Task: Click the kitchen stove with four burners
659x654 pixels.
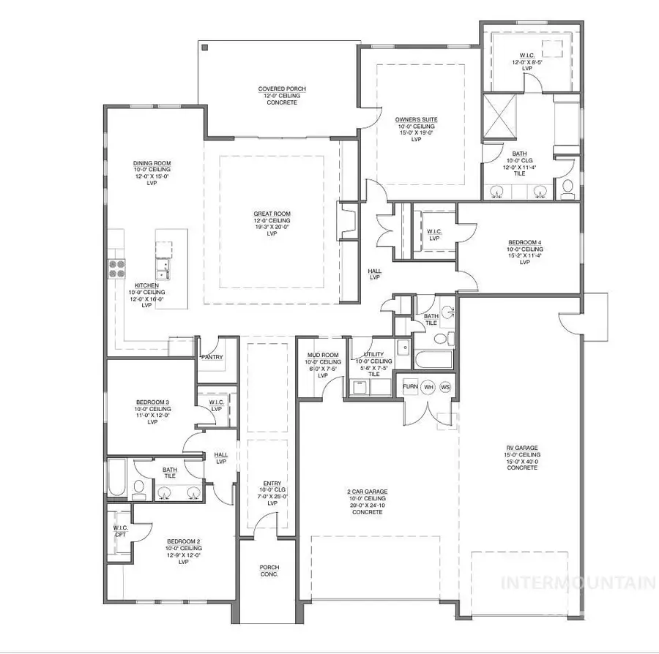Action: pos(118,268)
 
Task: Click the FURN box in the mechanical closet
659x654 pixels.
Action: pos(410,386)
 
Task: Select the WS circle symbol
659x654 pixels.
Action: pos(445,386)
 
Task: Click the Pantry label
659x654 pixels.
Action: pos(212,357)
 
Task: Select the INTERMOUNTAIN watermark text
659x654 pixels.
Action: pos(577,583)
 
